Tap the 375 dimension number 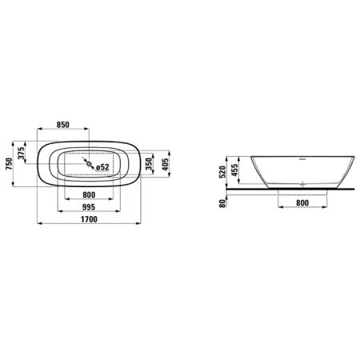tap(23, 154)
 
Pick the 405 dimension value tap(165, 166)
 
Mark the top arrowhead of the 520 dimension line tap(230, 154)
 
